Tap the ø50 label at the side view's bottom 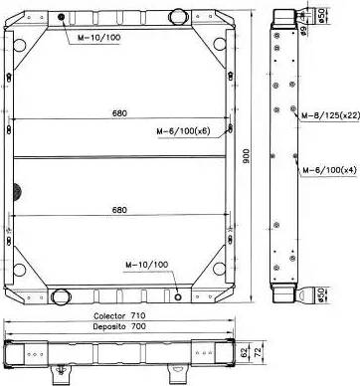point(323,294)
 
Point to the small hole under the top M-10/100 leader point(61,20)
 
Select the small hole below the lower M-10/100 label point(177,296)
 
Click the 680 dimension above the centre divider point(119,112)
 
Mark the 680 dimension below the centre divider point(119,210)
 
